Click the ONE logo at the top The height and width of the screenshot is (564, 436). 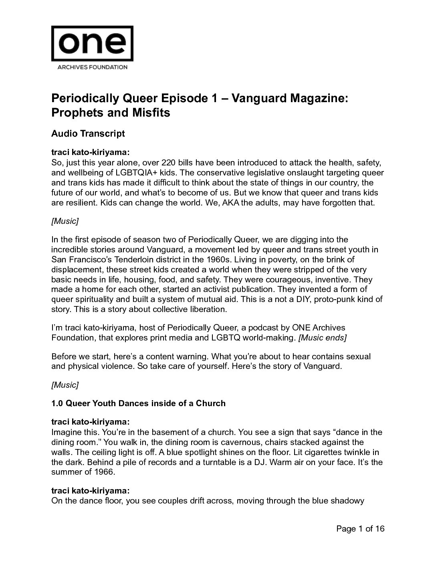pos(92,43)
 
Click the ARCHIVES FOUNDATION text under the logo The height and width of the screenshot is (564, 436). pos(92,67)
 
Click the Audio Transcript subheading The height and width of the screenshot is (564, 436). pos(88,133)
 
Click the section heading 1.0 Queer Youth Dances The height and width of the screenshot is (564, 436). pos(138,403)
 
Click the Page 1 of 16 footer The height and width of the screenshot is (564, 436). pos(360,529)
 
